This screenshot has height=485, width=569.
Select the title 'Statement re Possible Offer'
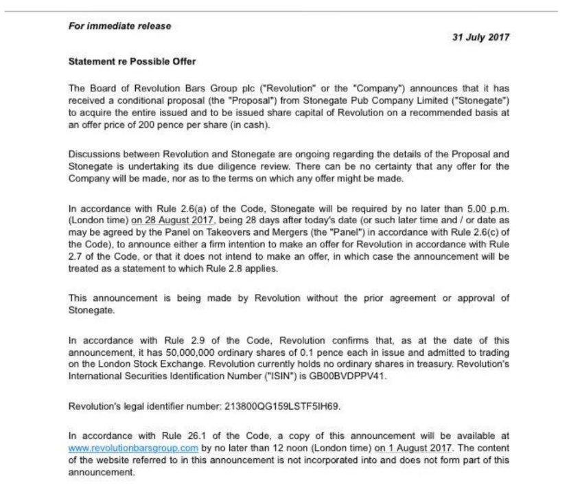point(132,62)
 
